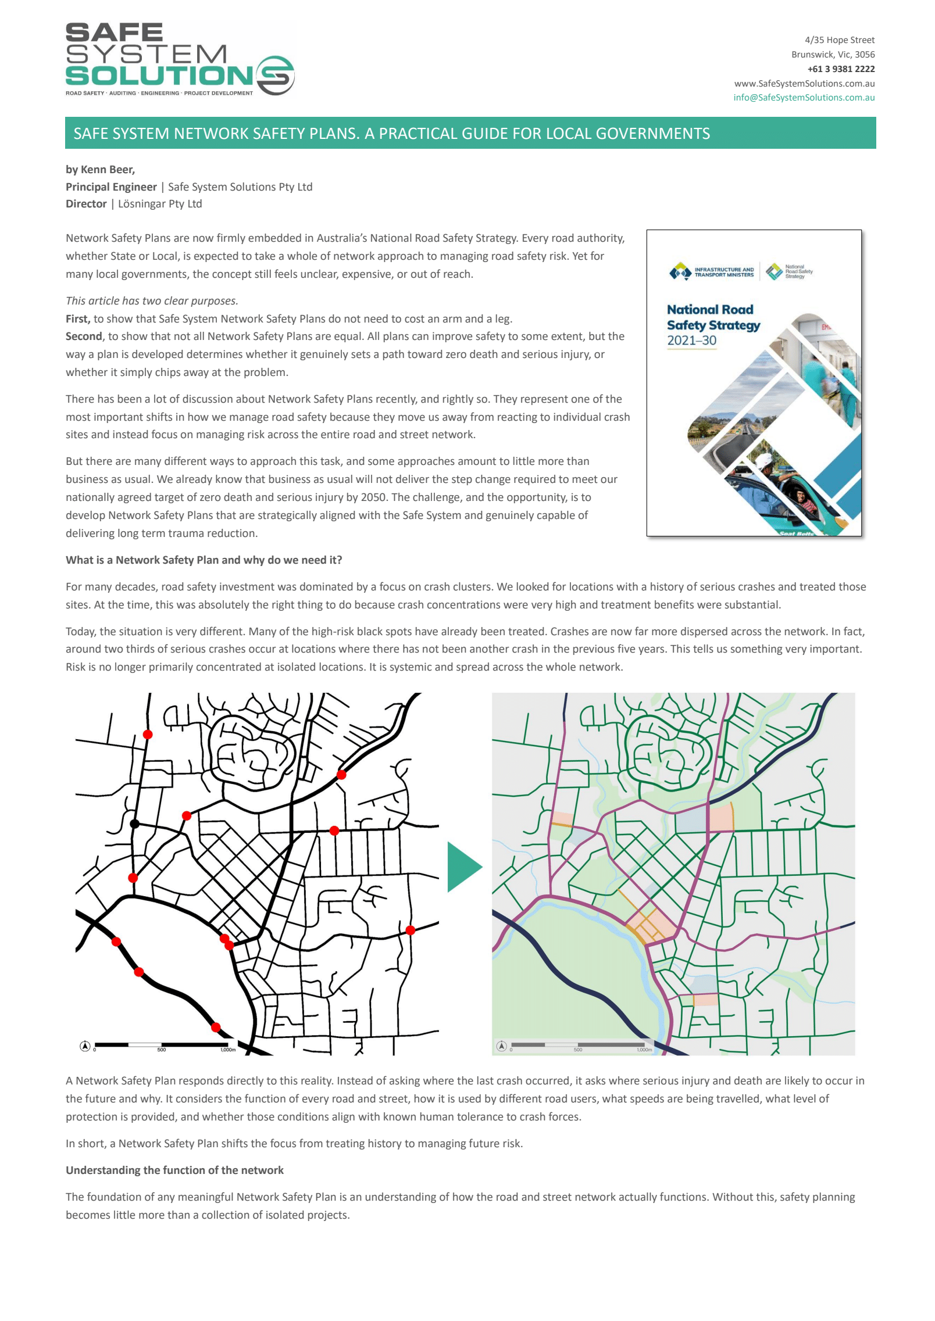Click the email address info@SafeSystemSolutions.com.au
tap(803, 98)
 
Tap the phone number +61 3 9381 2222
tap(840, 69)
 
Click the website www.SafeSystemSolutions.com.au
tap(804, 83)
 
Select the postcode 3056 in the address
tap(864, 55)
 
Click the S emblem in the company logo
tap(275, 76)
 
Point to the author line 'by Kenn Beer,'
tap(100, 170)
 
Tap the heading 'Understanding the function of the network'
tap(174, 1170)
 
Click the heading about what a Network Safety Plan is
tap(204, 560)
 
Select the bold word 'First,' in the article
tap(78, 318)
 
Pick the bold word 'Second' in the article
tap(84, 336)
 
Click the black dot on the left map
tap(135, 824)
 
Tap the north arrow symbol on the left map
tap(85, 1046)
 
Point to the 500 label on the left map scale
tap(162, 1050)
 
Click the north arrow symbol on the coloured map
tap(501, 1046)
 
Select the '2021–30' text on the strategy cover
tap(691, 341)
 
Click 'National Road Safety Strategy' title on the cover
tap(713, 317)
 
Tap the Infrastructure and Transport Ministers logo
tap(712, 271)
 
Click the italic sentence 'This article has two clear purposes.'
tap(152, 300)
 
